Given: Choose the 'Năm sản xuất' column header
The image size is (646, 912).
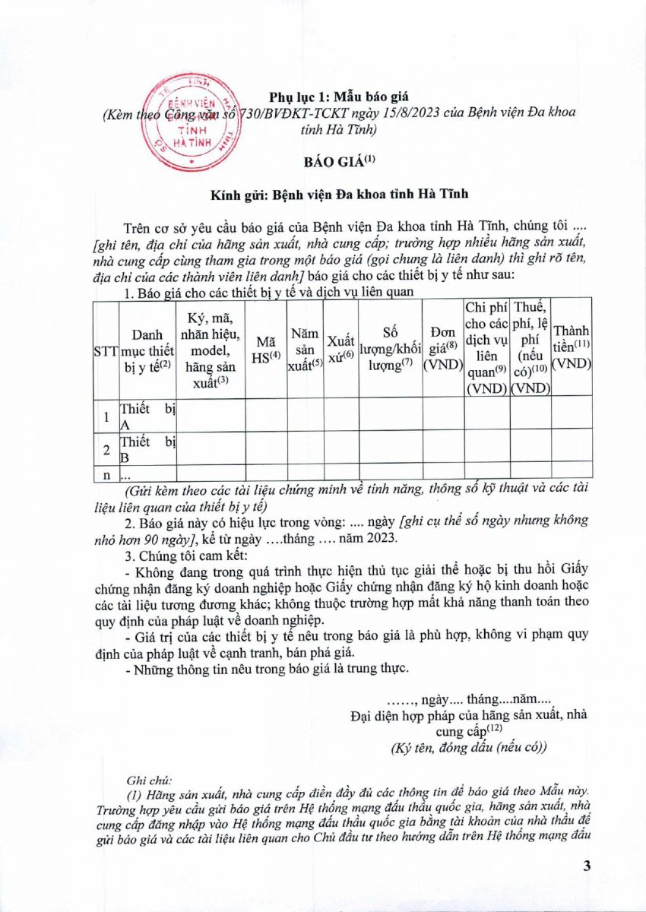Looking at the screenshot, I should click(306, 349).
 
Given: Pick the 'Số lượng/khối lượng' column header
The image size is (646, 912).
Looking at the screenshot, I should click(391, 349).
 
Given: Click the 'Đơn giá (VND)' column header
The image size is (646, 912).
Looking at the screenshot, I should click(443, 349).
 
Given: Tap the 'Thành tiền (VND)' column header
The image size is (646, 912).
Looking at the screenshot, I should click(572, 349).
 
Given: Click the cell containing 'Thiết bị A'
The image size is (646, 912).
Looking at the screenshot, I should click(147, 413).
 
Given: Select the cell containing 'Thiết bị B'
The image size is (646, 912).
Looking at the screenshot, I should click(147, 447).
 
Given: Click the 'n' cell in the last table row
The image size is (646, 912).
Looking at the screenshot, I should click(106, 474).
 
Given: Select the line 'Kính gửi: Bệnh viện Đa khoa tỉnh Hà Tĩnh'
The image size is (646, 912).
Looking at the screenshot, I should click(339, 194).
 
